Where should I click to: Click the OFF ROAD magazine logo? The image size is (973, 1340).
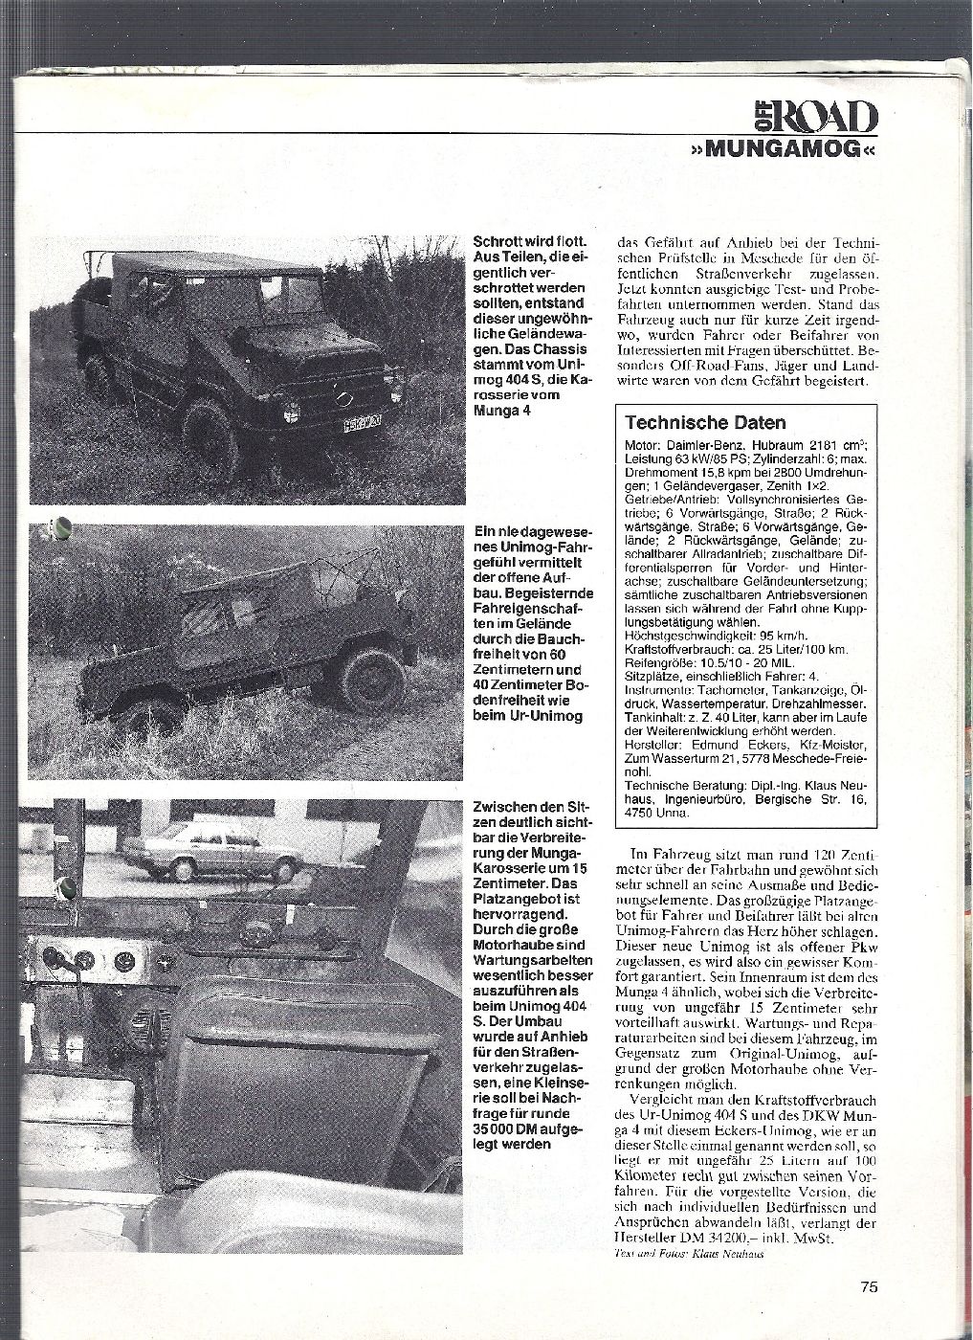click(816, 117)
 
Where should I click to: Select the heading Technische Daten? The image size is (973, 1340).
click(705, 422)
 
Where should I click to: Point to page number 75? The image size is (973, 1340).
click(868, 1287)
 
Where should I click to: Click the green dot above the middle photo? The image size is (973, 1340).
click(62, 525)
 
